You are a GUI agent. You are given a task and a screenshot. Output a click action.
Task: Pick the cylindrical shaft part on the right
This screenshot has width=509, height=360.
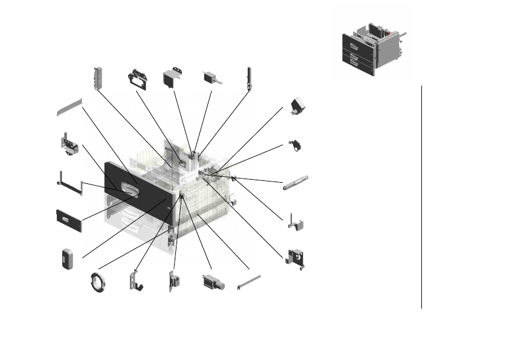296,183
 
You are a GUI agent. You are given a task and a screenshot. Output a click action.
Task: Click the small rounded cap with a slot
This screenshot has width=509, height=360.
67,258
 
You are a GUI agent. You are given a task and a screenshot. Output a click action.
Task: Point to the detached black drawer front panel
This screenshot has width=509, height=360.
69,220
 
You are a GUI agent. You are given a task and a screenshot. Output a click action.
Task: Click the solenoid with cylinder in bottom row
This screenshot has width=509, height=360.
213,282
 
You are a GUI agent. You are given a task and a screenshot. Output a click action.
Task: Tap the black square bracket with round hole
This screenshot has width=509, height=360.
296,258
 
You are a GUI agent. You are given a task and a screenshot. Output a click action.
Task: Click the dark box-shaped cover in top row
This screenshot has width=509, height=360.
173,79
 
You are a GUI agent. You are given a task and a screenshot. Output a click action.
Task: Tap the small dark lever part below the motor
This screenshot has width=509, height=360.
296,145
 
